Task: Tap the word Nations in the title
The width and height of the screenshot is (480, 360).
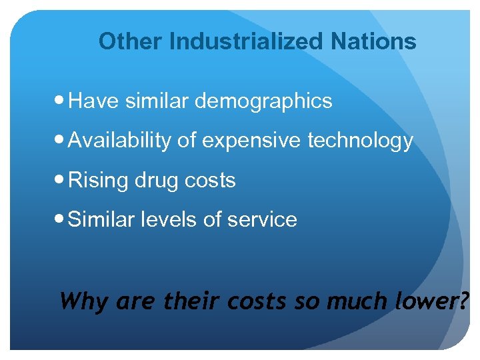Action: coord(373,41)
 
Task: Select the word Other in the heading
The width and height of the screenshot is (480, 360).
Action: coord(131,41)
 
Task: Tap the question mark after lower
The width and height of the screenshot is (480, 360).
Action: coord(463,301)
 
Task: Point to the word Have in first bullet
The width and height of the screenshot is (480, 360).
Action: coord(92,101)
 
